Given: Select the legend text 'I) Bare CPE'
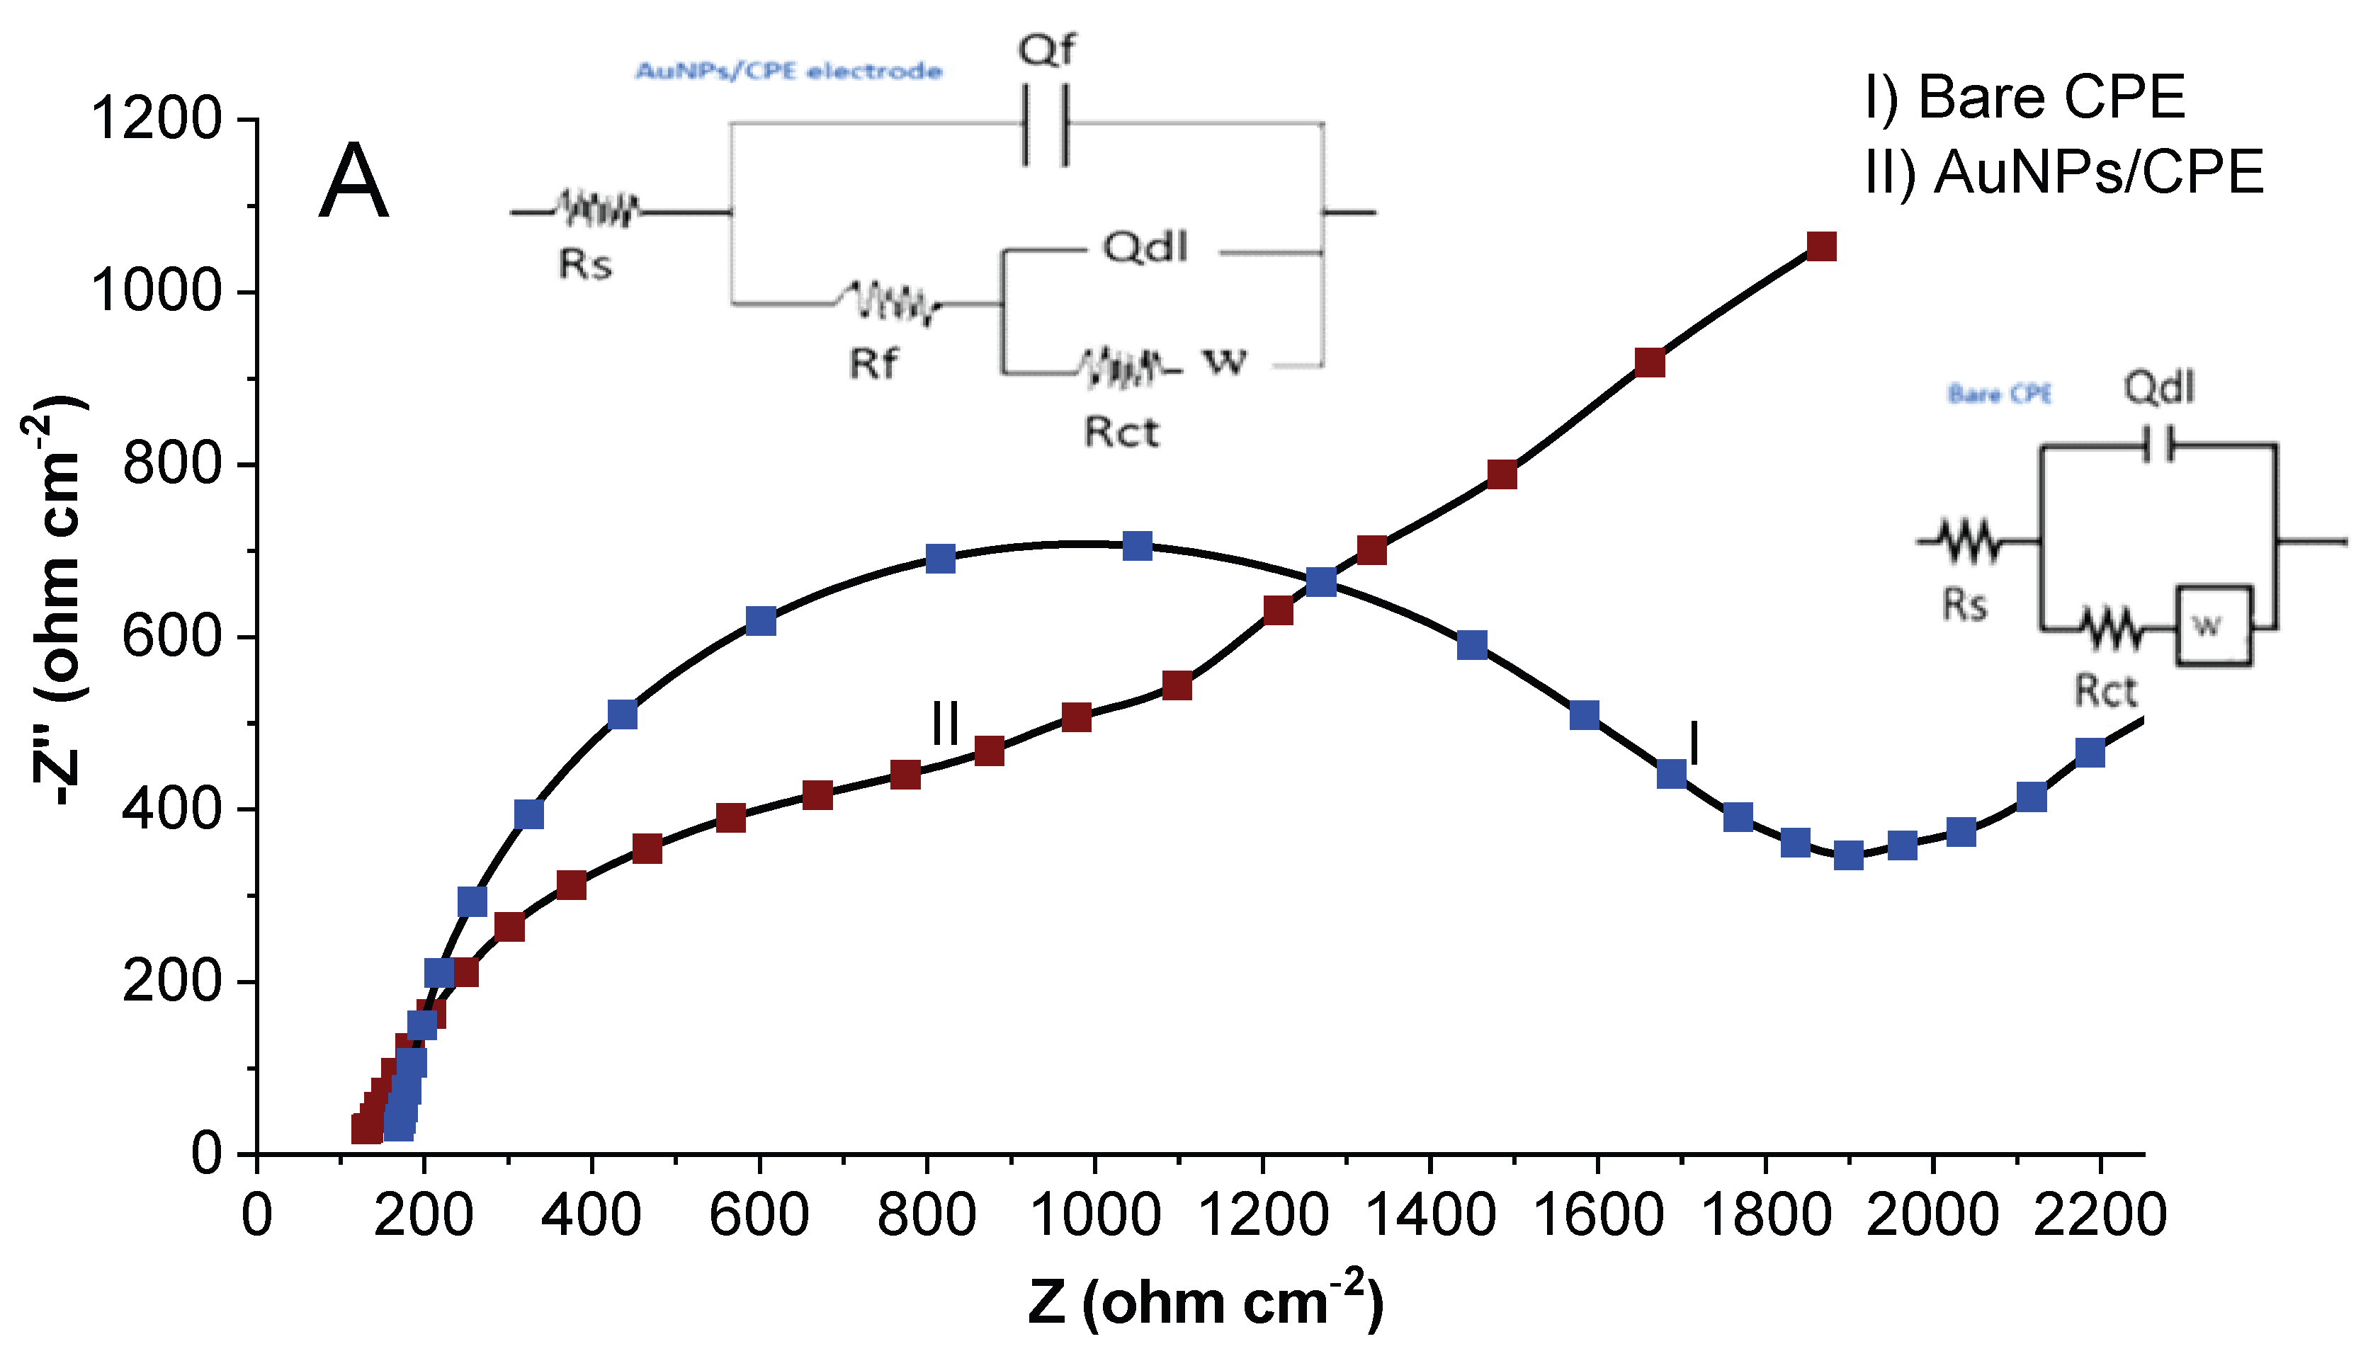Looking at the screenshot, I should [2024, 97].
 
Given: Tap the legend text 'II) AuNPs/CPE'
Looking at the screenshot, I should [2063, 172].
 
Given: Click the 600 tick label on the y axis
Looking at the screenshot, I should [172, 637].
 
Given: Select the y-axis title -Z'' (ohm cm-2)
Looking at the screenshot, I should [56, 600].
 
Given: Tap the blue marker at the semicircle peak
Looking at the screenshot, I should [1138, 546].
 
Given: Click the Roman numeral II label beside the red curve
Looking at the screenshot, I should [945, 723].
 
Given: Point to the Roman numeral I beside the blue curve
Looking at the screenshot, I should [1694, 743].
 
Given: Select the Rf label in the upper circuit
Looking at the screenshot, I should [873, 364].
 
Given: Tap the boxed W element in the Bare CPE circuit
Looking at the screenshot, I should [2214, 625].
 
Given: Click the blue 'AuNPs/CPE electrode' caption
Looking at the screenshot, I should [788, 71].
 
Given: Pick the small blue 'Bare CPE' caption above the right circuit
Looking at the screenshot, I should [2000, 394].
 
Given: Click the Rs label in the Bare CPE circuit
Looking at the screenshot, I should [1964, 605].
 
